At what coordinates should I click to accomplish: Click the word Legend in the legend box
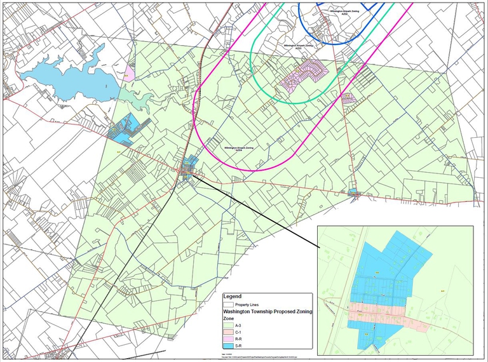pyautogui.click(x=232, y=296)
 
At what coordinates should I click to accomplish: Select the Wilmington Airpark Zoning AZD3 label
pyautogui.click(x=298, y=46)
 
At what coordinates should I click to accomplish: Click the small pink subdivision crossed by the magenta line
pyautogui.click(x=348, y=98)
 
